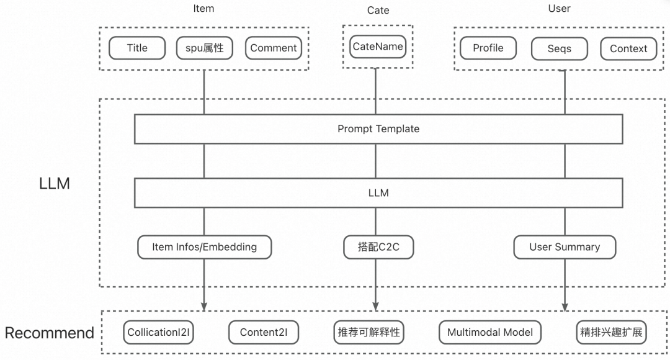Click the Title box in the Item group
tap(137, 48)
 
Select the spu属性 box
tap(205, 48)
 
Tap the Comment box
tap(274, 48)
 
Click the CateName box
tap(377, 47)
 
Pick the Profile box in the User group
tap(488, 48)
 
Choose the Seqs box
tap(560, 48)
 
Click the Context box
tap(628, 48)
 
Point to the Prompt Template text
tap(378, 129)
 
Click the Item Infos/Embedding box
tap(204, 247)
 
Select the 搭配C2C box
tap(378, 247)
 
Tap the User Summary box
tap(565, 247)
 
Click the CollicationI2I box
tap(159, 332)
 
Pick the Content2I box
tap(263, 332)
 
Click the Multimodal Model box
tap(490, 332)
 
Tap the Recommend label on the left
tap(50, 333)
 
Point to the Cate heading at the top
tap(378, 11)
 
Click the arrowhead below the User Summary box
tap(565, 306)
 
